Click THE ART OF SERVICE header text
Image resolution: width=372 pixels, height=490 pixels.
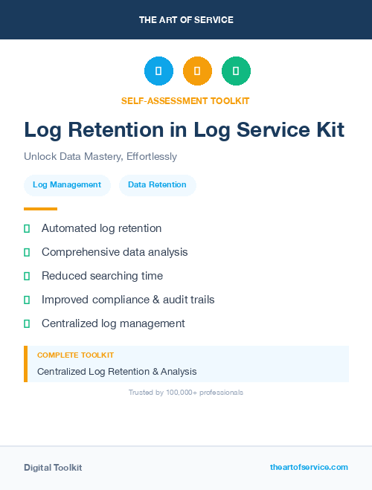coord(186,19)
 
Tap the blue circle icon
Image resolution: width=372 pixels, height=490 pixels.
coord(158,71)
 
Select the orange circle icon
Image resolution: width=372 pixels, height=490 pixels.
coord(197,71)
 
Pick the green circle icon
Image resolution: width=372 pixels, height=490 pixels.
coord(236,71)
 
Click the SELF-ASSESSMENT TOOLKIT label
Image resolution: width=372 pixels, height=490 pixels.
coord(185,100)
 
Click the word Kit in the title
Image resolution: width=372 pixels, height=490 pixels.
coord(327,129)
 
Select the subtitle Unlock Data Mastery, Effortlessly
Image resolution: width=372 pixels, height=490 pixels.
coord(100,156)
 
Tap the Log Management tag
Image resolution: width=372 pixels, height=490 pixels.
coord(67,184)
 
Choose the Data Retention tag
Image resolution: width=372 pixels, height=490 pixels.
coord(157,184)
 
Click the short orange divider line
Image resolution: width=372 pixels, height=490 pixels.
coord(40,209)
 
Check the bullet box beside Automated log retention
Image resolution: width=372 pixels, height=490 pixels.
coord(27,228)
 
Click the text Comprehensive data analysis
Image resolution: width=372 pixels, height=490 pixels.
coord(115,252)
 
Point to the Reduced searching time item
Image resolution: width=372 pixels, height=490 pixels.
coord(102,276)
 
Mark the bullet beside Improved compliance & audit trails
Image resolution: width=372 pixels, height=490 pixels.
coord(27,300)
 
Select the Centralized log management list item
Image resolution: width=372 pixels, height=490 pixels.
coord(113,323)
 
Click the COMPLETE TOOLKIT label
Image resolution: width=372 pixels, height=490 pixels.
coord(75,355)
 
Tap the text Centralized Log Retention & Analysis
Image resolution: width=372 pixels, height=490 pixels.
coord(117,371)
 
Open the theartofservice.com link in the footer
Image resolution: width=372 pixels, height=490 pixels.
coord(309,467)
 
